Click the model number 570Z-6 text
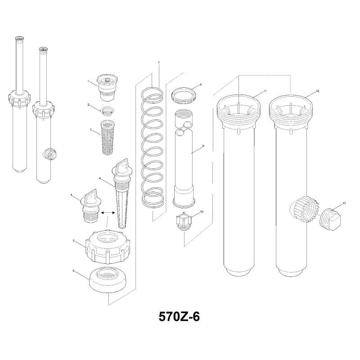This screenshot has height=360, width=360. [179, 316]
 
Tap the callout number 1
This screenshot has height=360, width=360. [90, 81]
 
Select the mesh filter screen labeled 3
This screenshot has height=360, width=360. [106, 138]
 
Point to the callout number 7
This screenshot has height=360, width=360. [158, 62]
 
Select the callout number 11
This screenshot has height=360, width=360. [265, 91]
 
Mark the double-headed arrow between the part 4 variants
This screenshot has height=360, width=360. [107, 212]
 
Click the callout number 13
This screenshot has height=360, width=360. [344, 203]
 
